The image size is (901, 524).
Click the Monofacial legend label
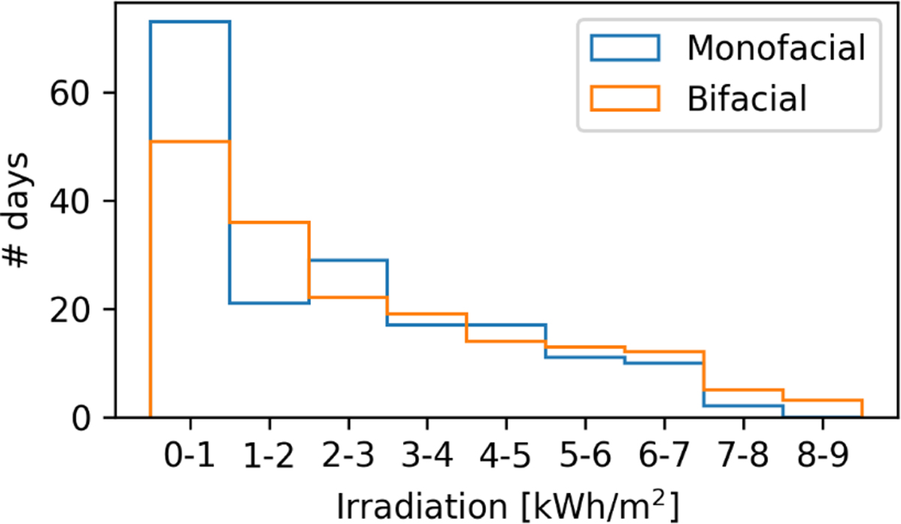pos(776,49)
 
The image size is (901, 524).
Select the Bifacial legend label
pos(746,98)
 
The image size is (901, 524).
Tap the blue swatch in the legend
pos(625,49)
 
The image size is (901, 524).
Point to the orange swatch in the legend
pos(625,98)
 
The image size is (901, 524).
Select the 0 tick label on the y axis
pos(83,418)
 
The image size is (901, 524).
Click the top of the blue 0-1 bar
pos(191,22)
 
